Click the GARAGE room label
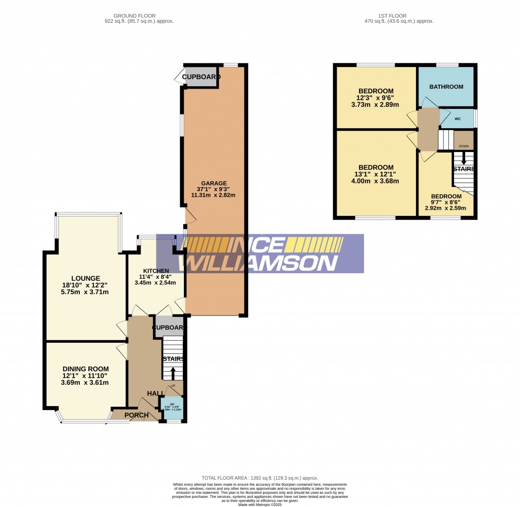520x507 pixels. (213, 184)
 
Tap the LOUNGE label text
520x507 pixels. (85, 278)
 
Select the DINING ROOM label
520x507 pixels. (85, 369)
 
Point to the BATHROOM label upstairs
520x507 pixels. (446, 87)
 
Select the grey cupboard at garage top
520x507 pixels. (201, 77)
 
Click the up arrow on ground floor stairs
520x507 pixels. (173, 374)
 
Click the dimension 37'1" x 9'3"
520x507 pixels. (213, 189)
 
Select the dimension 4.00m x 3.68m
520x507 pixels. (376, 181)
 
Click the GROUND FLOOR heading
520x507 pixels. (135, 16)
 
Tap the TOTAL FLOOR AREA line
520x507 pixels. (259, 478)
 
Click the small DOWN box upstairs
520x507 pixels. (463, 146)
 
